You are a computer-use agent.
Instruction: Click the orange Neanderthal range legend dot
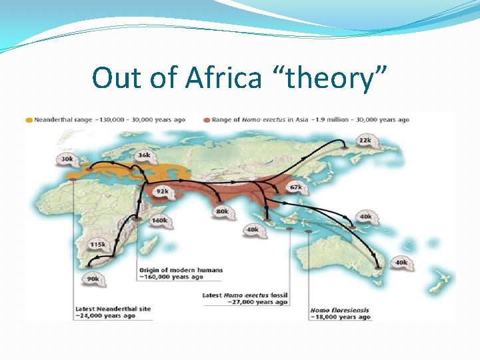[x=28, y=120]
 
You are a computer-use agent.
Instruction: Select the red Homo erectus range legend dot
[x=207, y=120]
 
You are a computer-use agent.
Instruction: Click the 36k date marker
[x=143, y=155]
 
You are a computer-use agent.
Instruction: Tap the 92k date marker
[x=162, y=191]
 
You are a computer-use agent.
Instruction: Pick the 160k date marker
[x=160, y=220]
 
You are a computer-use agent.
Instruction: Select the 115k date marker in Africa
[x=98, y=245]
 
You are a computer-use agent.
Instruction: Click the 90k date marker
[x=93, y=279]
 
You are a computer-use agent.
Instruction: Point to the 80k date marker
[x=222, y=211]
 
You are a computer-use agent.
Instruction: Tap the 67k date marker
[x=295, y=187]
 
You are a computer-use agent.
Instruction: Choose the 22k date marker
[x=365, y=141]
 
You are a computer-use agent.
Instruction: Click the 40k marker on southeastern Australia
[x=401, y=262]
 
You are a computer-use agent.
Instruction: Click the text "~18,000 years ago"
[x=340, y=317]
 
